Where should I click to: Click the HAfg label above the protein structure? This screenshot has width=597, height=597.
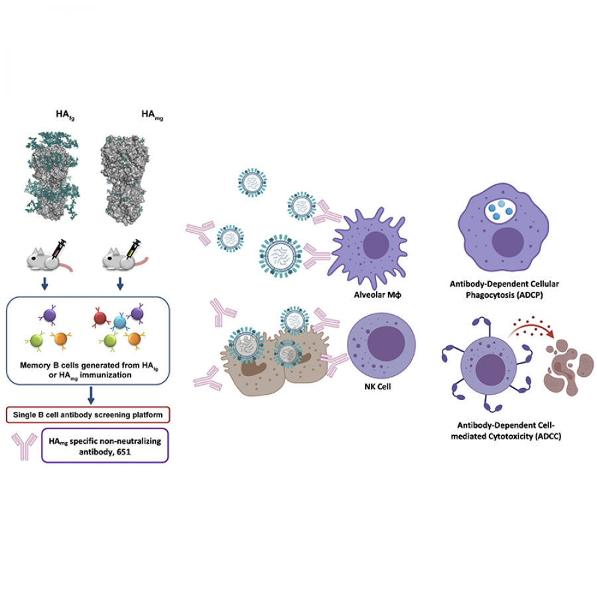(65, 115)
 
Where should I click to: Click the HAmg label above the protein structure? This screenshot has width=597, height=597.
(153, 115)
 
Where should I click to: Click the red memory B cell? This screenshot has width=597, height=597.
(100, 318)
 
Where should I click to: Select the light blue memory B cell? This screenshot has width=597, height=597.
(120, 322)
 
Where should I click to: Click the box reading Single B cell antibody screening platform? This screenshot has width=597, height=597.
(88, 415)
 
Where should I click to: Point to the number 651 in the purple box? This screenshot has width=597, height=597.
(124, 452)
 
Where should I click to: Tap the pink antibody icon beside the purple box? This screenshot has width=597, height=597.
(24, 446)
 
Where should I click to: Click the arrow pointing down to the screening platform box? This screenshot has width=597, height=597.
(91, 395)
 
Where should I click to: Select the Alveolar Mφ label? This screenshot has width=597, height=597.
(377, 295)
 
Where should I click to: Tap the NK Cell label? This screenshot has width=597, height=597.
(377, 387)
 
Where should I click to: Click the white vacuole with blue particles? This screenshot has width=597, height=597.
(500, 210)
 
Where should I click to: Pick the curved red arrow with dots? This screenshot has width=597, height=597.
(531, 328)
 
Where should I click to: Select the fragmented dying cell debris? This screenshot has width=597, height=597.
(568, 367)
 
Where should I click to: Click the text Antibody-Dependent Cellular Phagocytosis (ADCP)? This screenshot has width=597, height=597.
(504, 289)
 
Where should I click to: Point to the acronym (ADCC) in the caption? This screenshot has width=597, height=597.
(548, 436)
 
